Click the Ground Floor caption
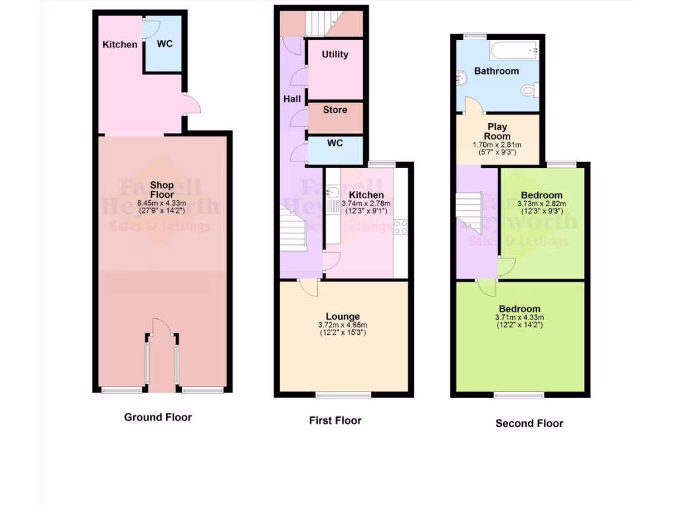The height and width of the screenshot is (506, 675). pos(158,417)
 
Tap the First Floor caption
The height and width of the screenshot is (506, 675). pos(335,420)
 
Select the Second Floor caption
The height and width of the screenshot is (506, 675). pos(529,424)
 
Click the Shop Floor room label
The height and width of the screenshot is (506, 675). pos(162,190)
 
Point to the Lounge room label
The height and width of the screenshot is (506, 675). pos(343,316)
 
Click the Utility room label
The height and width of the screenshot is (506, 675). pos(335,55)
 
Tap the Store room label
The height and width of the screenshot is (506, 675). pos(335,109)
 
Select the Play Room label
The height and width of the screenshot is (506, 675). pos(497,131)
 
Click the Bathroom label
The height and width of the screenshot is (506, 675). pos(496,71)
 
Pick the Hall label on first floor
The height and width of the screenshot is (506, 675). pos(292,99)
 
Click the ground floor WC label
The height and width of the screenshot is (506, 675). pos(165,44)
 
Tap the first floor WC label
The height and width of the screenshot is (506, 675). pos(335,143)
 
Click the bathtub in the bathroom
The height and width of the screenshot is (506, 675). pos(512,49)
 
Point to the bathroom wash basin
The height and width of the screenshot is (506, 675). pos(461,78)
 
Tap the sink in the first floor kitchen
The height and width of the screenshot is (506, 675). pos(334,193)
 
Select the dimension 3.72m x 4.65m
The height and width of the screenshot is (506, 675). pos(343,325)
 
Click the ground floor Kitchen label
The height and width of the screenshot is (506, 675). pos(120,45)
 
